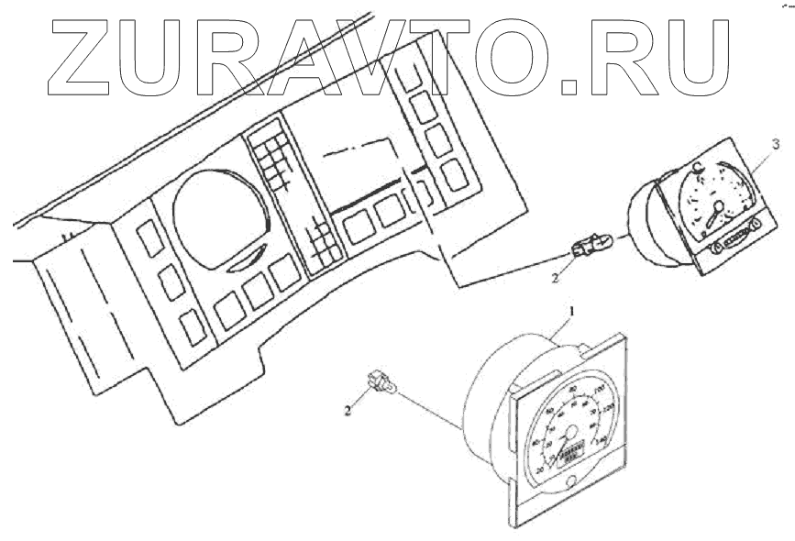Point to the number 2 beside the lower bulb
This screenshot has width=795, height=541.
point(348,411)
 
